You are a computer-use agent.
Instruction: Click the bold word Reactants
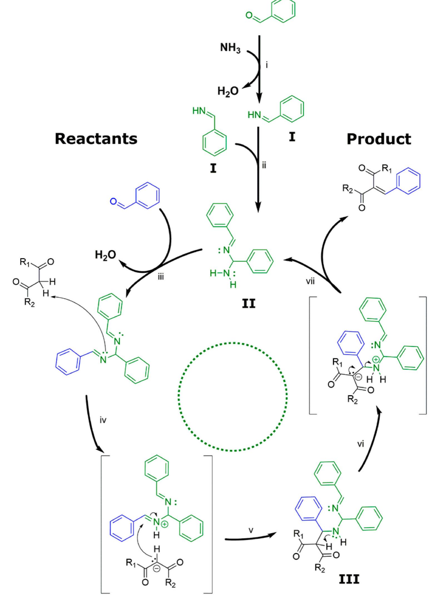coord(96,139)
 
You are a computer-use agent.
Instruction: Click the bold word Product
coord(379,139)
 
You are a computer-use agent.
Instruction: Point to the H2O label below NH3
coord(228,91)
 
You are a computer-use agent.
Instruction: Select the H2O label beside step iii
coord(105,255)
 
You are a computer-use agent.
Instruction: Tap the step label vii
coord(310,282)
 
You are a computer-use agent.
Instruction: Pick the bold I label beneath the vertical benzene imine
coord(213,169)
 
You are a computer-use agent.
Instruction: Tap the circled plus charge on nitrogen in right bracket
coord(375,360)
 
